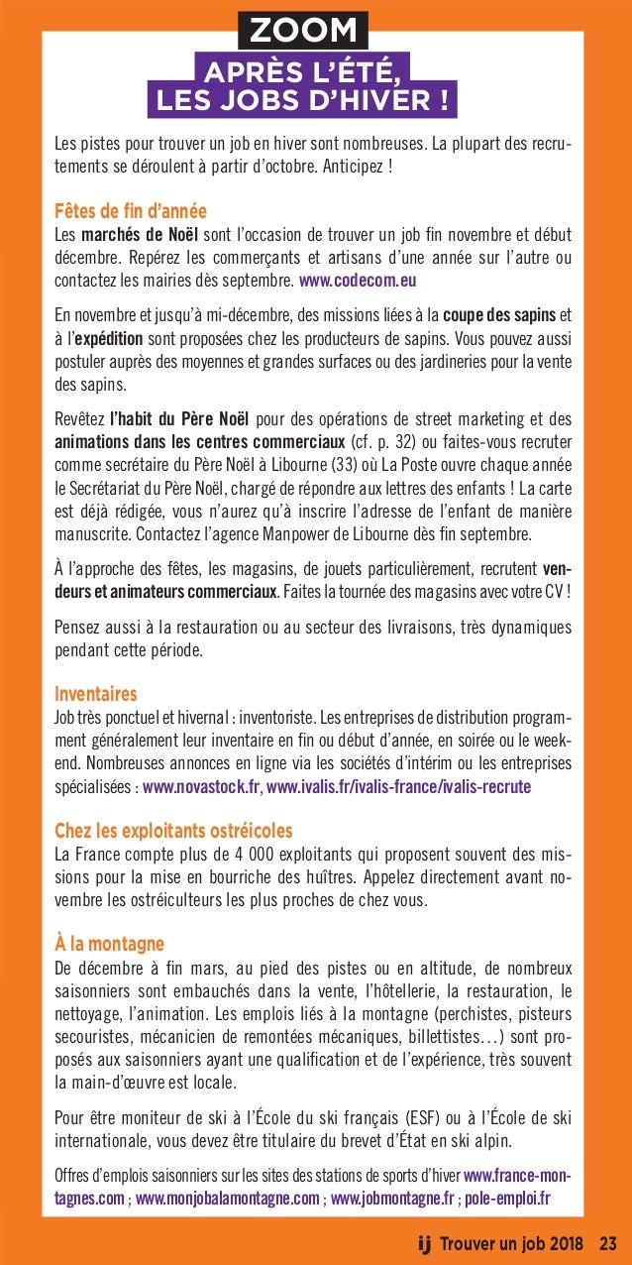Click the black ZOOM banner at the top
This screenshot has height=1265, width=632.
coord(302,30)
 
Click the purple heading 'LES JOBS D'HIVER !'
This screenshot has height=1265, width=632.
coord(302,100)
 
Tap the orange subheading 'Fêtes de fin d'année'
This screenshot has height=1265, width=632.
coord(131,210)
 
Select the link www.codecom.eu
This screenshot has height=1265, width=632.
coord(358,281)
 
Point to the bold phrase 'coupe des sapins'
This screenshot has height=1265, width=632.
coord(499,315)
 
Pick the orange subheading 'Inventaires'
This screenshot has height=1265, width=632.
coord(96,692)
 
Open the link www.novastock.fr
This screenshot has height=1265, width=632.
coord(202,787)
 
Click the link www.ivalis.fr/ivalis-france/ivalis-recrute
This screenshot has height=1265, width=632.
coord(399,787)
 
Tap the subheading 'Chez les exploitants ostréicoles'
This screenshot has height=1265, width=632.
coord(173,829)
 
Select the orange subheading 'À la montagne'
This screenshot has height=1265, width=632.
coord(109,942)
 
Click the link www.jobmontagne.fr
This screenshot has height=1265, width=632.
coord(392,1198)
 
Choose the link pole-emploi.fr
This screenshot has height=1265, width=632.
coord(507,1198)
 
